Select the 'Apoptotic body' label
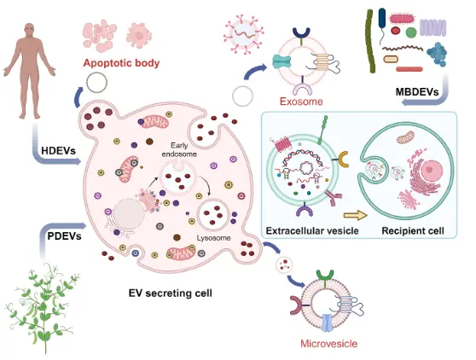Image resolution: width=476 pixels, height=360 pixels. [121, 62]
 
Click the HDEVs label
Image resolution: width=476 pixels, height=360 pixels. [58, 152]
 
